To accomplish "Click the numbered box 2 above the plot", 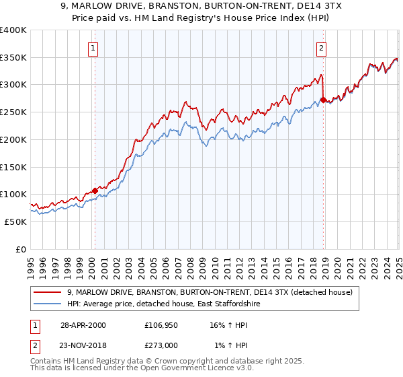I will [322, 48].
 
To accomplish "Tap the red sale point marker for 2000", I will [95, 191].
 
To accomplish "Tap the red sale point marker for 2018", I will [323, 100].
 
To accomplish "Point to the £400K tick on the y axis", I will [13, 30].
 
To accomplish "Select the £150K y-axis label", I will [13, 167].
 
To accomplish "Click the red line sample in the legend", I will [48, 293].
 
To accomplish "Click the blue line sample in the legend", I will [48, 304].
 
